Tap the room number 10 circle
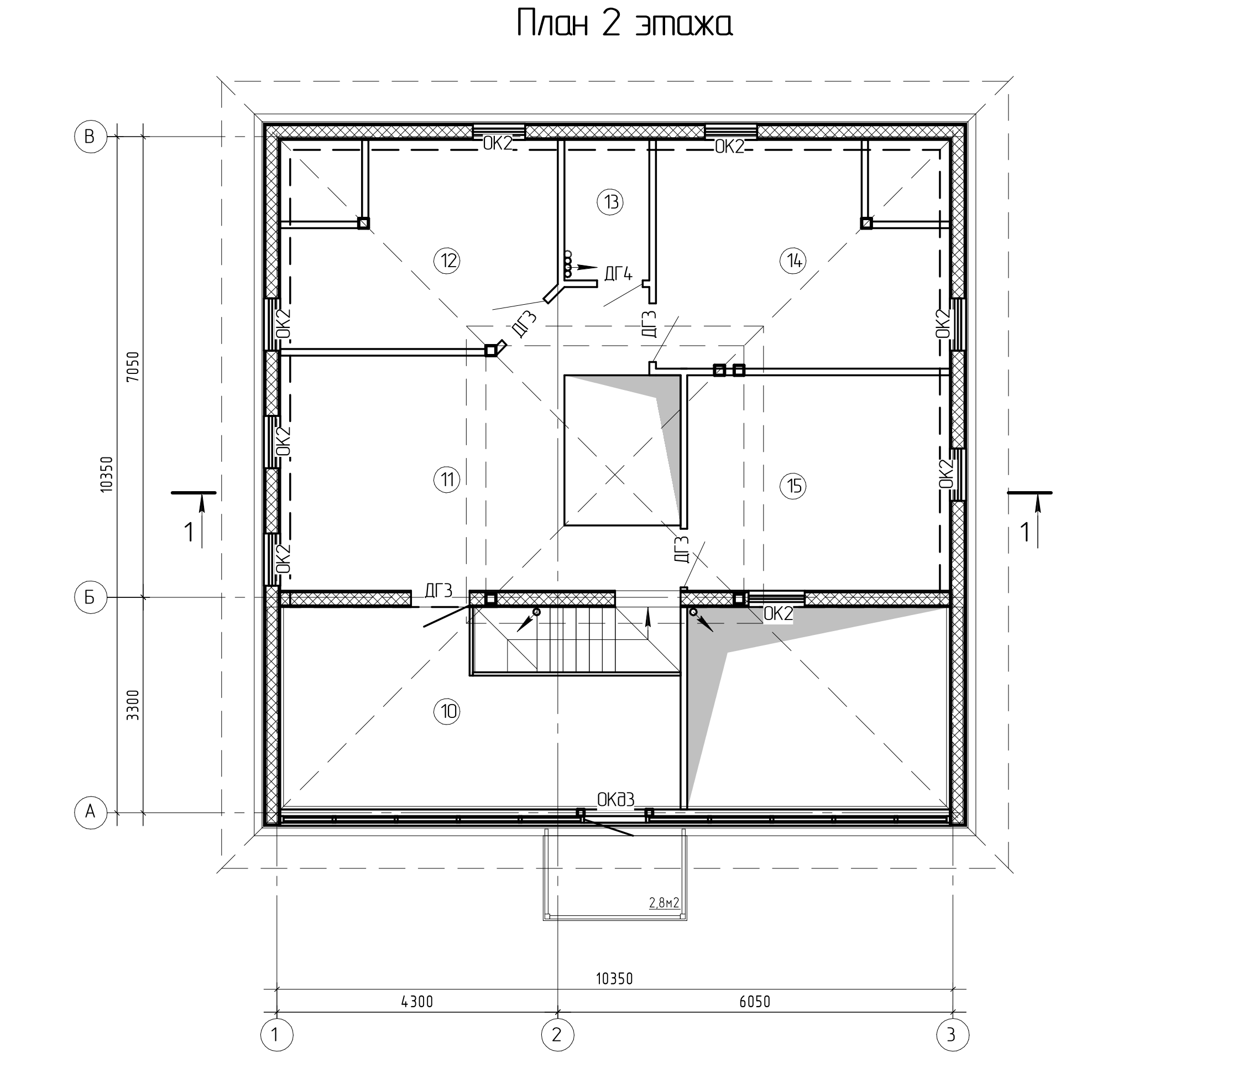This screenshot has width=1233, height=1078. click(x=447, y=712)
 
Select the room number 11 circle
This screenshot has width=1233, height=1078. click(x=447, y=480)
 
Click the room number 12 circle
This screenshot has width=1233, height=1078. click(x=447, y=261)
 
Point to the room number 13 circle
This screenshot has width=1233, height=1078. click(x=610, y=201)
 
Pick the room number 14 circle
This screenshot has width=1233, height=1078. click(x=793, y=261)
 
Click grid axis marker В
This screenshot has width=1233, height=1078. click(x=90, y=137)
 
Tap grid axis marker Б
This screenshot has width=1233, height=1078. click(x=90, y=597)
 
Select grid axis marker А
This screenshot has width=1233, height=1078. click(x=90, y=813)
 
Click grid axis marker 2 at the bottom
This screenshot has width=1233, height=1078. click(x=557, y=1035)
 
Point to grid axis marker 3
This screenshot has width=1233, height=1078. click(x=953, y=1035)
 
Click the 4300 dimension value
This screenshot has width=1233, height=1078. click(x=417, y=1002)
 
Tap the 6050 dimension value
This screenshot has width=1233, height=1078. click(x=755, y=1002)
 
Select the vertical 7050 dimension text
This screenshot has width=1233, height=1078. click(x=133, y=367)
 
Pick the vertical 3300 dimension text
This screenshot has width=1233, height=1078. click(x=133, y=705)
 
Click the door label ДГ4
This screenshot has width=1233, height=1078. click(x=618, y=274)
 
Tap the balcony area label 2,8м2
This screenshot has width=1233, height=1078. click(x=664, y=902)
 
